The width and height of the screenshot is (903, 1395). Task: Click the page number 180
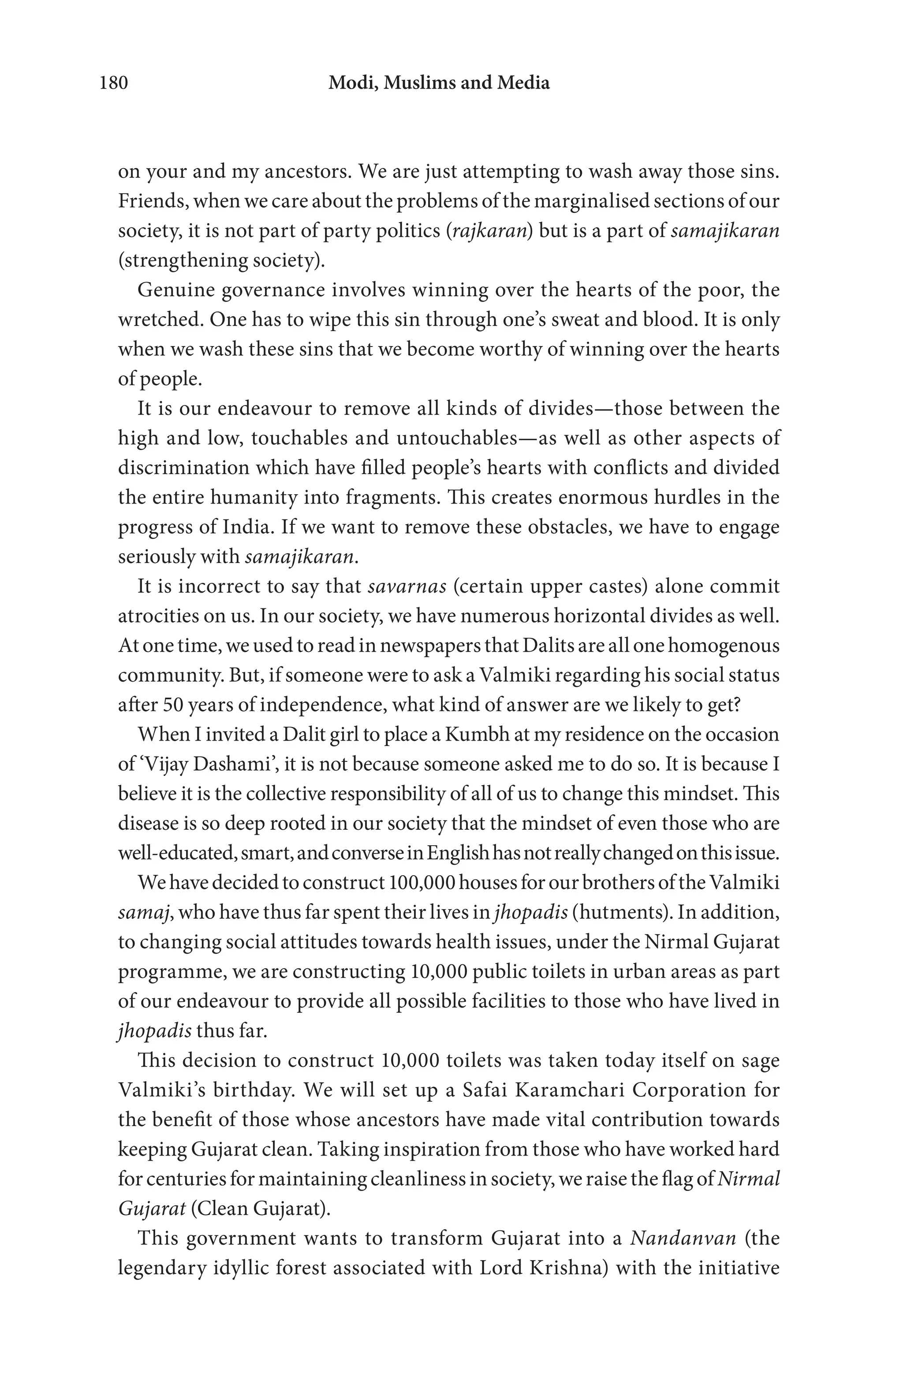[x=114, y=82]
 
